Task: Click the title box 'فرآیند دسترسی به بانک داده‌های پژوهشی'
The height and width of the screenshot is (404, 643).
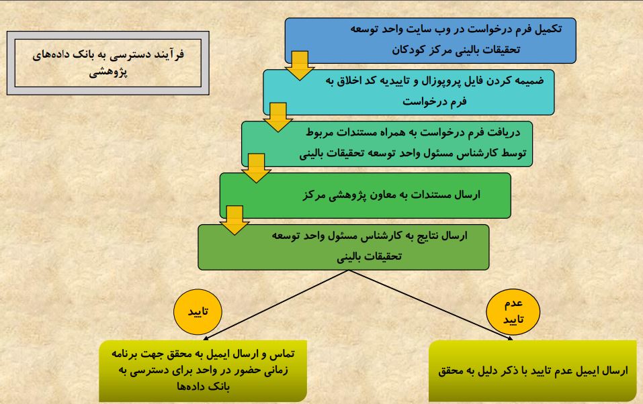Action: tap(108, 63)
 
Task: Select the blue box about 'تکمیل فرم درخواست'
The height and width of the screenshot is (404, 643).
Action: tap(431, 40)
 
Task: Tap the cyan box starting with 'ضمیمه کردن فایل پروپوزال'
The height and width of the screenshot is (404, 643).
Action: tap(409, 92)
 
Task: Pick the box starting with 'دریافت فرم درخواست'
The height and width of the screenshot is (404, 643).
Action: tap(387, 144)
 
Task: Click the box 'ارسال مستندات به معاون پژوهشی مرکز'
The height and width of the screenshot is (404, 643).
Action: tap(366, 195)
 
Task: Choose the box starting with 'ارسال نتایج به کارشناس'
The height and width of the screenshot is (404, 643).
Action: tap(343, 247)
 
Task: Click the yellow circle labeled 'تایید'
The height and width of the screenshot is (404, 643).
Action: tap(198, 312)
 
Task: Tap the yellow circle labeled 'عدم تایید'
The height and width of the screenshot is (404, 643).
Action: tap(513, 312)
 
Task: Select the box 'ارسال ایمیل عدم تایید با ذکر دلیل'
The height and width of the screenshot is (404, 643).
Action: tap(533, 371)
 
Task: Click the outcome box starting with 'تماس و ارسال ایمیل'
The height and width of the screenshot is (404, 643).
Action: tap(203, 371)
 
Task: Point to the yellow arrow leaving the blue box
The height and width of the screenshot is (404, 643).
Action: tap(300, 66)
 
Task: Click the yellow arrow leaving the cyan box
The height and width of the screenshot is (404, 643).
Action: tap(278, 117)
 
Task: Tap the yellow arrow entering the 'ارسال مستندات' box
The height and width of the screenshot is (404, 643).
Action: tap(256, 168)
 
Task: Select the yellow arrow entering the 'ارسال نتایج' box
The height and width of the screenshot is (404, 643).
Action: tap(234, 220)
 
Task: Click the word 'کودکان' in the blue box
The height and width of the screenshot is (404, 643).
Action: tap(409, 50)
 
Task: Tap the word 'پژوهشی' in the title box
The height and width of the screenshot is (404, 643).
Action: tap(108, 72)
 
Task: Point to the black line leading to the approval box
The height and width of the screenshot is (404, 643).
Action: tap(276, 305)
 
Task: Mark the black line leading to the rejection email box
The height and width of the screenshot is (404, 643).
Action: tap(431, 305)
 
